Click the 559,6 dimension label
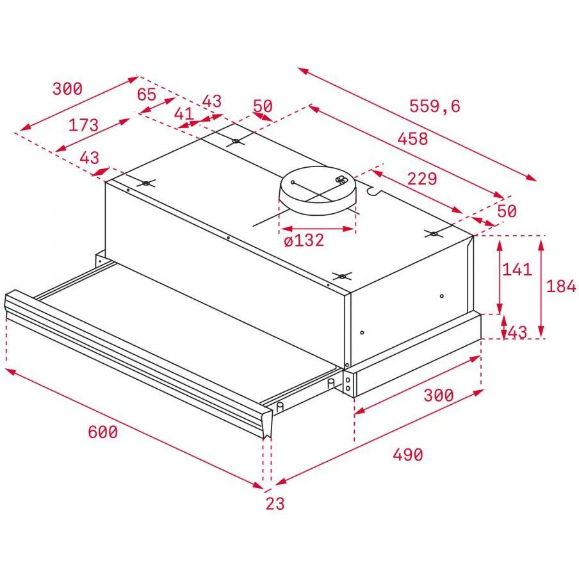click(435, 106)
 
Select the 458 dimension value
click(412, 139)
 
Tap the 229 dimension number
click(422, 179)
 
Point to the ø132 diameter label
click(304, 240)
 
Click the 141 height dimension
click(517, 270)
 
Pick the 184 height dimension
click(561, 286)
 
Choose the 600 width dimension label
click(102, 432)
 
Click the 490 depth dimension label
click(407, 455)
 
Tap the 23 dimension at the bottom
click(275, 503)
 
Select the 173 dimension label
click(83, 125)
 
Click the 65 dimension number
click(147, 95)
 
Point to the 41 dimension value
click(184, 114)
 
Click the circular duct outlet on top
click(318, 190)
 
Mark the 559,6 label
click(435, 106)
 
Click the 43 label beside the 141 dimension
click(518, 332)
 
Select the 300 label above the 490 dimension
click(438, 395)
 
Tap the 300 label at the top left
click(67, 89)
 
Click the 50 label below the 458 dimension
click(507, 211)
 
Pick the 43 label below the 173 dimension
click(90, 158)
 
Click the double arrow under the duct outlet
click(317, 229)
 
